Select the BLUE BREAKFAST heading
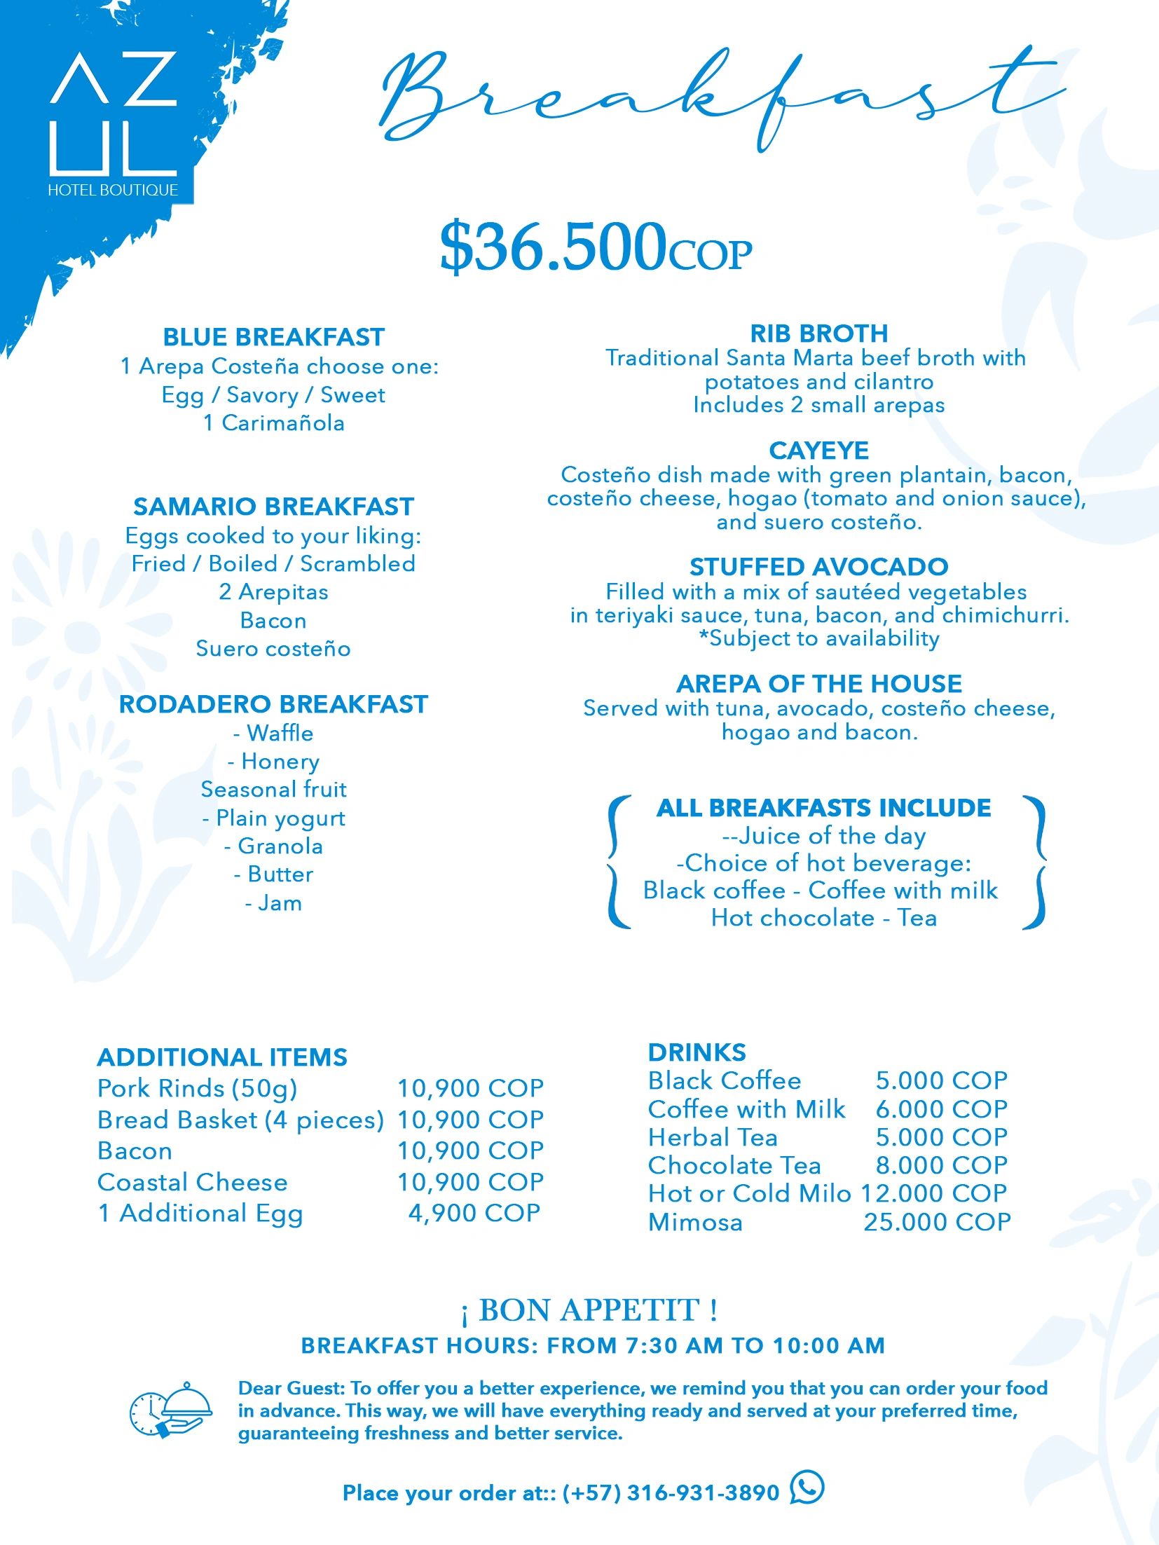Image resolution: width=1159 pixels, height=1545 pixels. pyautogui.click(x=273, y=337)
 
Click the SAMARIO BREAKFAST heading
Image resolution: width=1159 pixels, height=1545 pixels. pyautogui.click(x=273, y=507)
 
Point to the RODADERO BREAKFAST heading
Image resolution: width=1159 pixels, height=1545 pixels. pyautogui.click(x=273, y=704)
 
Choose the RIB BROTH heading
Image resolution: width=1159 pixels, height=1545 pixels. pyautogui.click(x=818, y=333)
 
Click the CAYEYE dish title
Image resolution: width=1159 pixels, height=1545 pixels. pyautogui.click(x=818, y=450)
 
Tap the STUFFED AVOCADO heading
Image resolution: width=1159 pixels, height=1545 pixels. pyautogui.click(x=818, y=566)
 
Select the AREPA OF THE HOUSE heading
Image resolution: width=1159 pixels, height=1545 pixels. pyautogui.click(x=818, y=683)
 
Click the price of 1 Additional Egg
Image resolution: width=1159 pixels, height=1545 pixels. pyautogui.click(x=474, y=1213)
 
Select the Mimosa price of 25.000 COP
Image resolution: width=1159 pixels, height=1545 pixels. pyautogui.click(x=937, y=1222)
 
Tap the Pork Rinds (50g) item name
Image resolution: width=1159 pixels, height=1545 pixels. pyautogui.click(x=198, y=1088)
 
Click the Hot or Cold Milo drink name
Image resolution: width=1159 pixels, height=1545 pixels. pyautogui.click(x=749, y=1193)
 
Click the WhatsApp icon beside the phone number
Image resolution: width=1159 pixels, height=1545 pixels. pyautogui.click(x=807, y=1487)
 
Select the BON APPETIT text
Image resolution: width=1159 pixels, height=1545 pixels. pyautogui.click(x=589, y=1310)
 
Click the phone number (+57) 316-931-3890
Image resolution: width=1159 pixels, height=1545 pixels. pyautogui.click(x=671, y=1493)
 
